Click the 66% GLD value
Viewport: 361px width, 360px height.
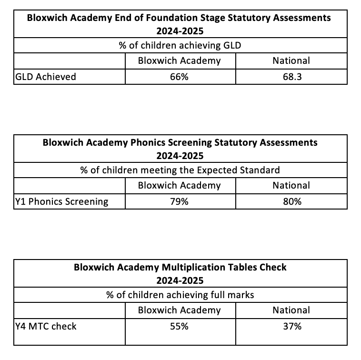click(179, 77)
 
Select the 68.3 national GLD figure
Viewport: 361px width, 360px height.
click(291, 77)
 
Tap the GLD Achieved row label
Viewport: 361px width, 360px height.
click(46, 77)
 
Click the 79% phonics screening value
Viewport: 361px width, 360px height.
click(179, 201)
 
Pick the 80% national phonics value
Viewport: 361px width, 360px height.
click(291, 201)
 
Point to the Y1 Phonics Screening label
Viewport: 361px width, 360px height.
click(62, 201)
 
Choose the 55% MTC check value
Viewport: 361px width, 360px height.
click(179, 326)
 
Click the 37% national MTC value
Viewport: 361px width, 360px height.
click(291, 326)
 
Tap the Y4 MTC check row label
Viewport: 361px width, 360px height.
click(46, 326)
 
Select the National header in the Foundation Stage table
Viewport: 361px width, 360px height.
click(291, 60)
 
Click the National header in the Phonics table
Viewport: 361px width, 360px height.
click(291, 185)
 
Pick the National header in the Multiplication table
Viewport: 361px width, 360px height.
click(291, 310)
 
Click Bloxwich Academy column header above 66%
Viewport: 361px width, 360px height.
click(179, 60)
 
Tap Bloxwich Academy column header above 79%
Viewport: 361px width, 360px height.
click(179, 185)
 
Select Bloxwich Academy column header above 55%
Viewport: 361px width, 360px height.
click(179, 310)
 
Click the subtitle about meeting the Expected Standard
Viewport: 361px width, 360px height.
click(180, 170)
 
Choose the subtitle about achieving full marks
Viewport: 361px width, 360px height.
click(180, 295)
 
